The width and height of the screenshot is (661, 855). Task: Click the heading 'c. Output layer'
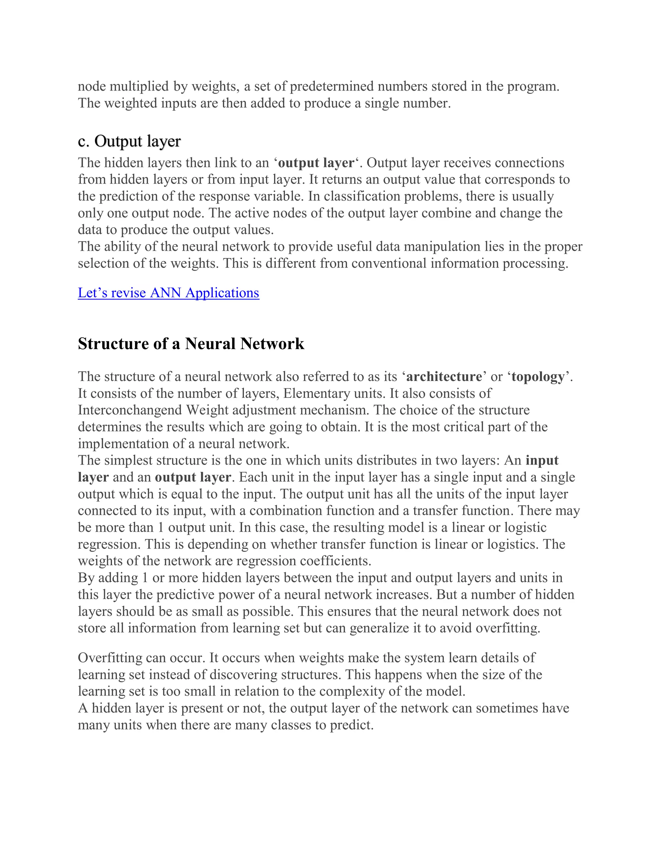pyautogui.click(x=129, y=141)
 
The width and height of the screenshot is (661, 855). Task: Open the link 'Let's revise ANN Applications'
pyautogui.click(x=168, y=293)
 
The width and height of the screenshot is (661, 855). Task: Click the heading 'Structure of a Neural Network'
pyautogui.click(x=191, y=344)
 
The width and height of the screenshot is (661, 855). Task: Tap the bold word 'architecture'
pyautogui.click(x=444, y=376)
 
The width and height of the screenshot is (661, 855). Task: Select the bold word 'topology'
pyautogui.click(x=538, y=376)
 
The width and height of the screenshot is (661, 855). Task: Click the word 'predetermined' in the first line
pyautogui.click(x=331, y=86)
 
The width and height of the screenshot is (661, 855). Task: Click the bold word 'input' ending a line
pyautogui.click(x=542, y=460)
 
